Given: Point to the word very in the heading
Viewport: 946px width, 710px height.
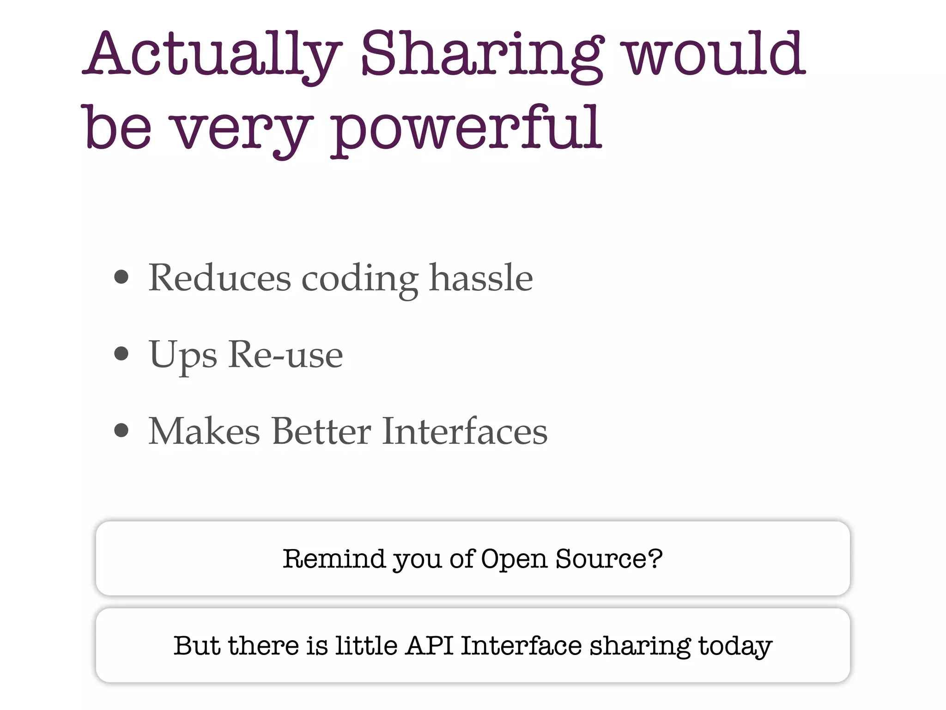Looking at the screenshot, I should tap(240, 129).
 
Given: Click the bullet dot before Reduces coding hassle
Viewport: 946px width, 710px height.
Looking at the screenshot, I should tap(121, 277).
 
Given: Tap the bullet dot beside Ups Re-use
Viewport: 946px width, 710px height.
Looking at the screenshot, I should tap(121, 354).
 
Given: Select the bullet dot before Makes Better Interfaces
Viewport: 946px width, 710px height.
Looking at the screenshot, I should tap(121, 430).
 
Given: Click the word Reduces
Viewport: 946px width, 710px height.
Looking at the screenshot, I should tap(219, 278).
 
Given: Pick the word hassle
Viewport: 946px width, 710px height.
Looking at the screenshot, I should tap(481, 278).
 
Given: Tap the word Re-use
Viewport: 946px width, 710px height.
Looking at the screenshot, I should tap(285, 355).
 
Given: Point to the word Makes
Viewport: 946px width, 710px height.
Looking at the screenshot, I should tap(204, 431).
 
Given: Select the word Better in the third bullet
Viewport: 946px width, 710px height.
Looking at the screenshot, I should tap(321, 431).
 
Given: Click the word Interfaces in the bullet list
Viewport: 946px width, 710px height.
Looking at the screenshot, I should tap(465, 431).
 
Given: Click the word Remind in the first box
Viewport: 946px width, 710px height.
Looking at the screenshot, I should tap(334, 558).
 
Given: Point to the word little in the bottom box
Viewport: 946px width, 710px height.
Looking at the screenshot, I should tap(366, 645).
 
